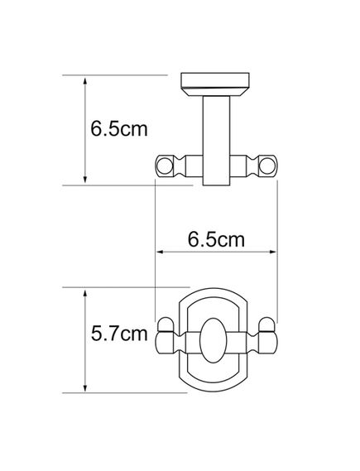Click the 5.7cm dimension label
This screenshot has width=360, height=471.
119,334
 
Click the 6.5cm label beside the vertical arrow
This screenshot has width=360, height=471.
119,129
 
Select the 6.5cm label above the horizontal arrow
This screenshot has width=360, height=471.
216,240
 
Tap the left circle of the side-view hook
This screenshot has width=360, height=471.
165,166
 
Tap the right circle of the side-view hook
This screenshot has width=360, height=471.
266,166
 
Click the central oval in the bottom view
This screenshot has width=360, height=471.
214,340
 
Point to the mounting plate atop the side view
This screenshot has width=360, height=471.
215,80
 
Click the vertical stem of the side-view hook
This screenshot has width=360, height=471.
216,141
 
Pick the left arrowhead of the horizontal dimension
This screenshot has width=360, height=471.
160,252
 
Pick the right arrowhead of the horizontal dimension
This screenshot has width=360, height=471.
273,252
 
